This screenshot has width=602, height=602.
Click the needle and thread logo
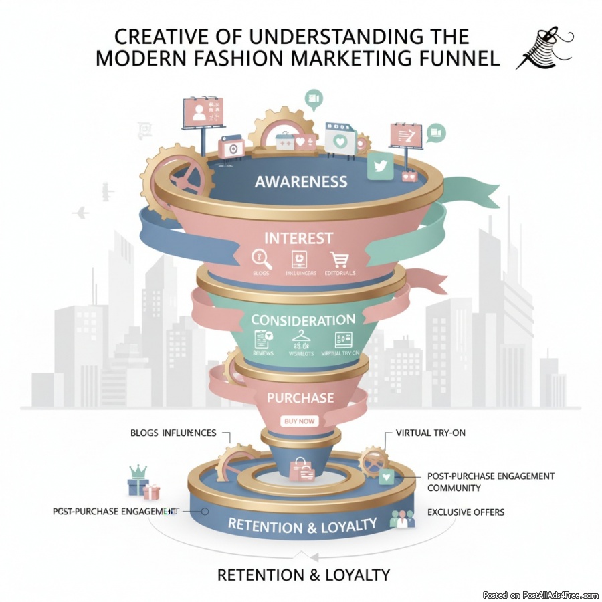coord(543,48)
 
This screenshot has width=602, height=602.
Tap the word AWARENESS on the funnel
coord(301,181)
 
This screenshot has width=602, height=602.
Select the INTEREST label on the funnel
coord(298,238)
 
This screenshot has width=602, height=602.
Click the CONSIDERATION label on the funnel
coord(303,320)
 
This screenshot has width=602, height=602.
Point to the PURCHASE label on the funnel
coord(300,397)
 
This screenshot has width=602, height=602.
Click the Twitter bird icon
coord(381,166)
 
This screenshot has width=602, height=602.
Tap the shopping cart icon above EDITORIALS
coord(340,259)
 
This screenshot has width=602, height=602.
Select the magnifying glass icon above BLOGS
coord(259,259)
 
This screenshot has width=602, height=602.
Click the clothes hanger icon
coord(299,339)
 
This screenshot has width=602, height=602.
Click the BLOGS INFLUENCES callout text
coord(173,433)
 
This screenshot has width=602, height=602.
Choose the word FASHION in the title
coord(250,58)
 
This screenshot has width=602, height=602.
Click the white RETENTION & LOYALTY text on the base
coord(302,525)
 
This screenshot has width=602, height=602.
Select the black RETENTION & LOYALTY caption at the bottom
coord(303,574)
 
